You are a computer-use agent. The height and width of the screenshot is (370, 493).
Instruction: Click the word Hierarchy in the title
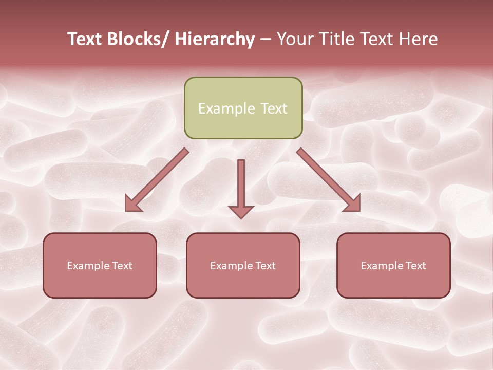pos(215,40)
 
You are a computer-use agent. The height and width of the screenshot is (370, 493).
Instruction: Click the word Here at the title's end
pos(417,40)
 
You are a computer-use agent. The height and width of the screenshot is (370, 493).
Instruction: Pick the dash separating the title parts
pos(266,40)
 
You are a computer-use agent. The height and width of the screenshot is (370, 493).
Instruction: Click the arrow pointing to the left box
pos(157,180)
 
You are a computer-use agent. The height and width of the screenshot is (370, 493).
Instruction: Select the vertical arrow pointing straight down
pos(241,188)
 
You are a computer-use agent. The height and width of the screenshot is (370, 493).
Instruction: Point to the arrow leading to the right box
pos(329,180)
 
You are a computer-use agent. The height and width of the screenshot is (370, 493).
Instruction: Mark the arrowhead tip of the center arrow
pos(241,217)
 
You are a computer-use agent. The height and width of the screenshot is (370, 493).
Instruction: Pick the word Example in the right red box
pos(381,266)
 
